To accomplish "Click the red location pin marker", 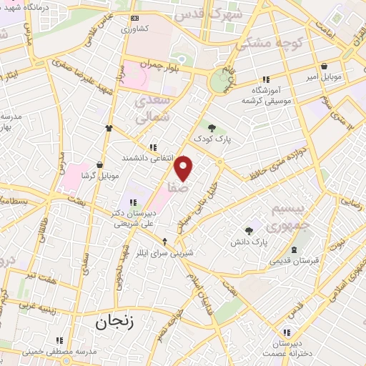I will [184, 168].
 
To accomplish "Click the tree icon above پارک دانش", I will [249, 231].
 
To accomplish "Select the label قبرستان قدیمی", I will [294, 262].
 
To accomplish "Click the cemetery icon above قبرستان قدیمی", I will [294, 249].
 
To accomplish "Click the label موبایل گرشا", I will [99, 175].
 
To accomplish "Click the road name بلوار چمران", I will [157, 64].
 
